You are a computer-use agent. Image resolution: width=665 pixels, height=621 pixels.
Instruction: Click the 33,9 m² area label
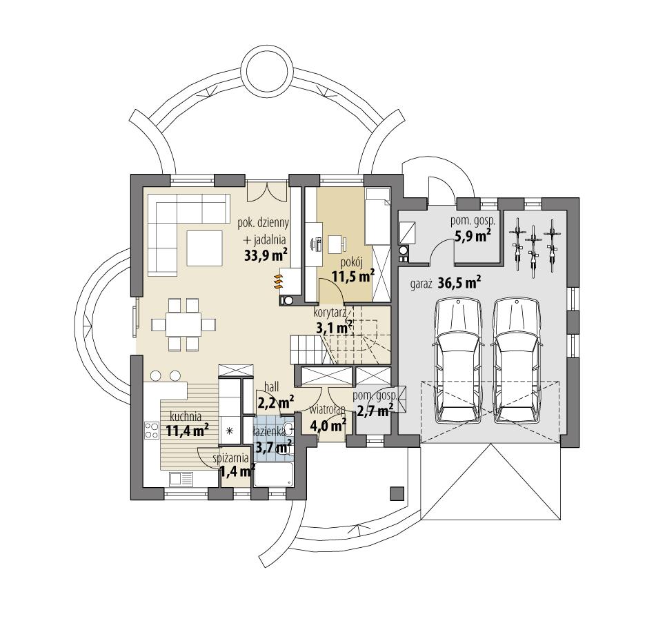(265, 255)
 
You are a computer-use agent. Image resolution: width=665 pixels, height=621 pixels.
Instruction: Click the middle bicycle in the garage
(532, 252)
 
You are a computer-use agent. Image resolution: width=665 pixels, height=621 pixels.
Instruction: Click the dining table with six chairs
(183, 324)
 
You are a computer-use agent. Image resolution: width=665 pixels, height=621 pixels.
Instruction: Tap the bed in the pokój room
(377, 215)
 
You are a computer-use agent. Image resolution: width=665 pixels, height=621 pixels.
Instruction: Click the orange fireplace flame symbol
(279, 282)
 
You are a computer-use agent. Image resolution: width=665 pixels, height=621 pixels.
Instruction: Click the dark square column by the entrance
(396, 493)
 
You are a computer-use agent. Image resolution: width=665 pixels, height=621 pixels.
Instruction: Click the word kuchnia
(185, 416)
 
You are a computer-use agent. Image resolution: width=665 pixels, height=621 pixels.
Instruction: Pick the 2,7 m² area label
(374, 409)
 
